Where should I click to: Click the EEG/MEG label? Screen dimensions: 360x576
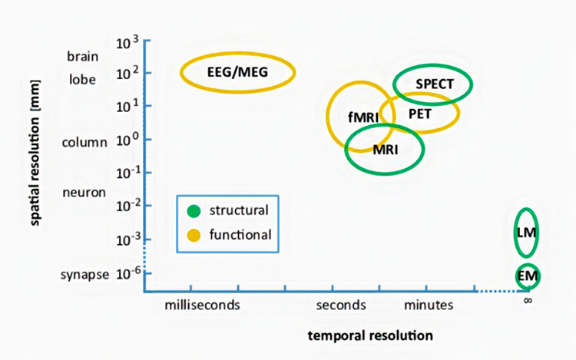pyautogui.click(x=238, y=73)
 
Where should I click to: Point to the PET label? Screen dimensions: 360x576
pyautogui.click(x=420, y=114)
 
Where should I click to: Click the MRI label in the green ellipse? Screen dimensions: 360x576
pyautogui.click(x=385, y=149)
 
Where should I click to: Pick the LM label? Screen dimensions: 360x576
pyautogui.click(x=527, y=230)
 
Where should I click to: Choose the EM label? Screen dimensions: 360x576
pyautogui.click(x=527, y=275)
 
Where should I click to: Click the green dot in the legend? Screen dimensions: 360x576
pyautogui.click(x=194, y=210)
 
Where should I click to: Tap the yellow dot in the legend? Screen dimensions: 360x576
pyautogui.click(x=194, y=234)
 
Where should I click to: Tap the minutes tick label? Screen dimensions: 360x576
pyautogui.click(x=429, y=306)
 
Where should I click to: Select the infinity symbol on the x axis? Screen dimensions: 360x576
pyautogui.click(x=528, y=300)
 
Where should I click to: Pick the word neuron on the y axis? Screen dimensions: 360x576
pyautogui.click(x=83, y=193)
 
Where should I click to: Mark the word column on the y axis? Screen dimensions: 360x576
pyautogui.click(x=84, y=142)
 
